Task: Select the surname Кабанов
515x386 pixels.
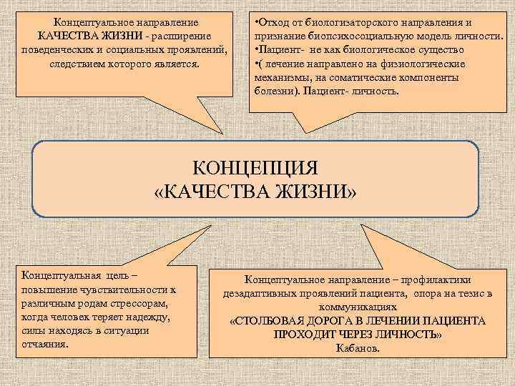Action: pyautogui.click(x=358, y=348)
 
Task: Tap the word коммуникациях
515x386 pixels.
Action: pyautogui.click(x=357, y=307)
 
